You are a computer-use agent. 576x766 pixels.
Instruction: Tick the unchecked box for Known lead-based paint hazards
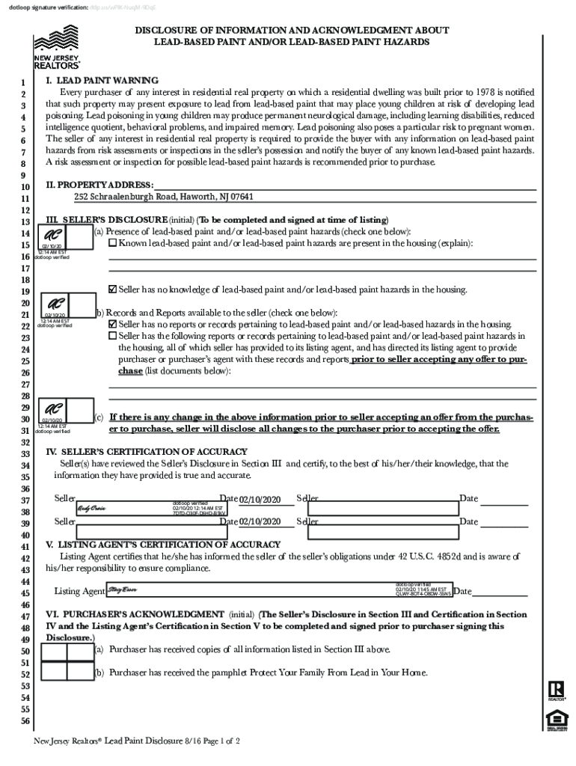point(113,243)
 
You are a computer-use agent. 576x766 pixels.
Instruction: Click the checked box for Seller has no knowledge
point(113,289)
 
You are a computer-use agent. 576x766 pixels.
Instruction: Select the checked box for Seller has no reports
point(113,324)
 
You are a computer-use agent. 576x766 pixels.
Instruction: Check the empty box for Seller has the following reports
point(113,336)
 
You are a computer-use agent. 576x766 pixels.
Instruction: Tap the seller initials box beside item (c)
point(56,412)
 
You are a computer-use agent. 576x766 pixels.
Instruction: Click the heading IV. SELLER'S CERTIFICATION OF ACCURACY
point(147,452)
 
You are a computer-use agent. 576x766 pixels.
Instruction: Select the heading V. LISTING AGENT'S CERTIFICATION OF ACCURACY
point(163,545)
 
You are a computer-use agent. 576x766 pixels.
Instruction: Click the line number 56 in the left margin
point(25,721)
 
